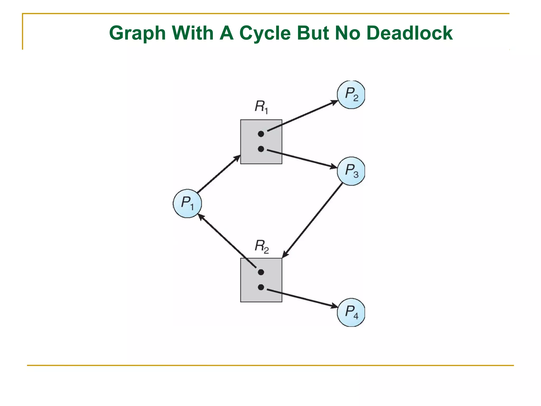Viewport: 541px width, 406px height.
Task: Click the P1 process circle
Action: (x=187, y=203)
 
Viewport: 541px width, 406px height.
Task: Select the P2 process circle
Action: (x=351, y=94)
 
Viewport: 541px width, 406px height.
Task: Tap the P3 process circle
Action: (x=351, y=171)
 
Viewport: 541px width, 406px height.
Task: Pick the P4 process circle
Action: (x=351, y=312)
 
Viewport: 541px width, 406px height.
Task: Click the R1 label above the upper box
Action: (x=261, y=107)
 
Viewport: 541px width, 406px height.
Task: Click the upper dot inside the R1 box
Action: (x=261, y=134)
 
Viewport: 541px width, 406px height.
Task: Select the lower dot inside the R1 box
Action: (x=261, y=149)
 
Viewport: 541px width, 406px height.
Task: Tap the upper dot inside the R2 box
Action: (x=261, y=272)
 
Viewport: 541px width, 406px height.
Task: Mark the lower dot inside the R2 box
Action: (x=261, y=287)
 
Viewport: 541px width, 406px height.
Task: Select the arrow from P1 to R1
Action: (x=218, y=174)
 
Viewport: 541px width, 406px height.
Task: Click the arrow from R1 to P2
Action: (x=302, y=116)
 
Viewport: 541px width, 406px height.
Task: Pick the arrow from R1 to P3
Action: (x=302, y=159)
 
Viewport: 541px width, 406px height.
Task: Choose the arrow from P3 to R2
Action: (x=313, y=220)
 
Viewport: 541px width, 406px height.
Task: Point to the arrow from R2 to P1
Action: (x=227, y=241)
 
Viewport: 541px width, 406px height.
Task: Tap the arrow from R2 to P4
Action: (x=302, y=298)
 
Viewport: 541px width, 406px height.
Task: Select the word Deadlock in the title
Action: (x=409, y=33)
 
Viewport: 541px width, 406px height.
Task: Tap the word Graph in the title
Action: (x=137, y=33)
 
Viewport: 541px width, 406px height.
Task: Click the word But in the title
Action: (x=313, y=33)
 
